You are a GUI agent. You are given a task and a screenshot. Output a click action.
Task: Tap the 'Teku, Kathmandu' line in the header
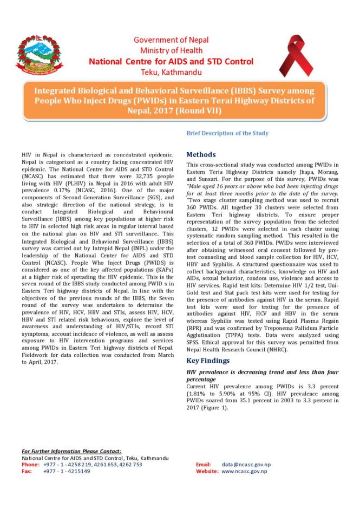pyautogui.click(x=171, y=71)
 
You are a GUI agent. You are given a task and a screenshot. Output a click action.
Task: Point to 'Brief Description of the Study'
pyautogui.click(x=227, y=133)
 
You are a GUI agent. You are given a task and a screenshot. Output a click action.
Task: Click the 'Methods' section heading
pyautogui.click(x=201, y=154)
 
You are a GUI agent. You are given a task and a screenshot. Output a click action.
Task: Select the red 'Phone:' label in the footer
pyautogui.click(x=31, y=465)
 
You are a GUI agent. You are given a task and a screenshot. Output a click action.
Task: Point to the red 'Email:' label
pyautogui.click(x=203, y=465)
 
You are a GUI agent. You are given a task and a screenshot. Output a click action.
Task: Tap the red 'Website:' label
pyautogui.click(x=207, y=471)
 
